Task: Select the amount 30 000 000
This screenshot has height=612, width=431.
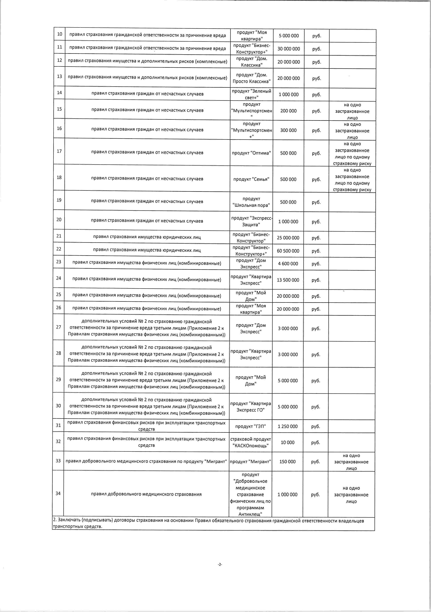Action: tap(289, 49)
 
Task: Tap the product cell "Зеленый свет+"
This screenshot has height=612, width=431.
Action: tap(252, 94)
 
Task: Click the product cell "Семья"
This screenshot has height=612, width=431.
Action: tap(251, 179)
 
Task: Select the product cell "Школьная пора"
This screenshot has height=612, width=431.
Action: tap(251, 202)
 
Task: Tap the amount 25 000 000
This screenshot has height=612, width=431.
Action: tap(288, 238)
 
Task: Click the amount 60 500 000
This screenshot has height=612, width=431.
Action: tap(288, 251)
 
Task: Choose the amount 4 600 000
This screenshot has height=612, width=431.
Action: tap(288, 264)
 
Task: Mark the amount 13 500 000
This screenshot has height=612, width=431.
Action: tap(288, 280)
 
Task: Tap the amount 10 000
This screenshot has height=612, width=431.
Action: tap(288, 443)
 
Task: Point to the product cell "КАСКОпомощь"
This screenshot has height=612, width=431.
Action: tap(250, 443)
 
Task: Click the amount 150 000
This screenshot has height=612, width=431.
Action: tap(288, 462)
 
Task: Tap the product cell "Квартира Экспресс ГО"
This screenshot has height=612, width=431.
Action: tap(250, 407)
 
